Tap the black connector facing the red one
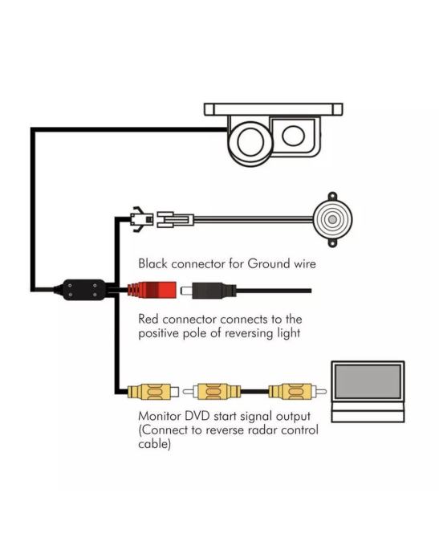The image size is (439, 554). [x=208, y=291]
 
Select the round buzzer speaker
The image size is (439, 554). [x=332, y=219]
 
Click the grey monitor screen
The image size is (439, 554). [x=368, y=381]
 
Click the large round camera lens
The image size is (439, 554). [x=250, y=141]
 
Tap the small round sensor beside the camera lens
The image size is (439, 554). [x=293, y=136]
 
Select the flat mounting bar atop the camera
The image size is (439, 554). [x=274, y=109]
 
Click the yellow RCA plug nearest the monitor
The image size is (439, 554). [x=297, y=392]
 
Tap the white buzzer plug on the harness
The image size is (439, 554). [x=141, y=219]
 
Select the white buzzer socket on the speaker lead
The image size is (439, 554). [x=175, y=219]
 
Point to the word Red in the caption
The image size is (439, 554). [x=148, y=319]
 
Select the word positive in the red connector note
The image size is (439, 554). [x=159, y=333]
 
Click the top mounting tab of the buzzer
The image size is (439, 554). [x=332, y=196]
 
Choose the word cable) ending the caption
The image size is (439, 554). [x=155, y=444]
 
